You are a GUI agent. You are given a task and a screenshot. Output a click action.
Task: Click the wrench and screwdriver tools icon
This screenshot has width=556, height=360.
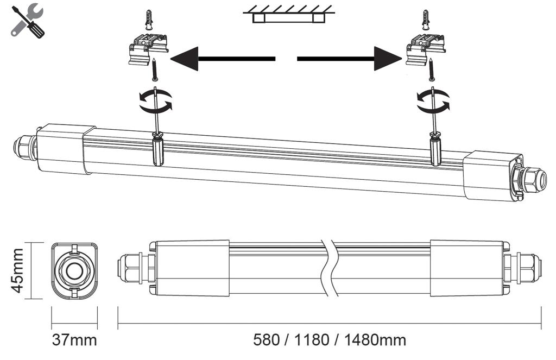27,21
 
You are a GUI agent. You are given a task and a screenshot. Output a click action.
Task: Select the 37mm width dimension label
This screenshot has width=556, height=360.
74,340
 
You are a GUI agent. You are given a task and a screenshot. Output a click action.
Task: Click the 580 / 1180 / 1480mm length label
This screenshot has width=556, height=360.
330,340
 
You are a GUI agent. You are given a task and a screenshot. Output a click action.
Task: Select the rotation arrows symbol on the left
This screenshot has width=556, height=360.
155,101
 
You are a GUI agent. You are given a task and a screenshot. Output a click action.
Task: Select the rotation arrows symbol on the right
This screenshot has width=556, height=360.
433,101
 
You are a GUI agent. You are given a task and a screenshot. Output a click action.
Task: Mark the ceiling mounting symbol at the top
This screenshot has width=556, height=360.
288,14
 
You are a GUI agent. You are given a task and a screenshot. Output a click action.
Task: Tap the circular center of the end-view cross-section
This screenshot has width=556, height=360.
74,270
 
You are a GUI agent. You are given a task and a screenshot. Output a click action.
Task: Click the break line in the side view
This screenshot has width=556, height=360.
330,269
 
